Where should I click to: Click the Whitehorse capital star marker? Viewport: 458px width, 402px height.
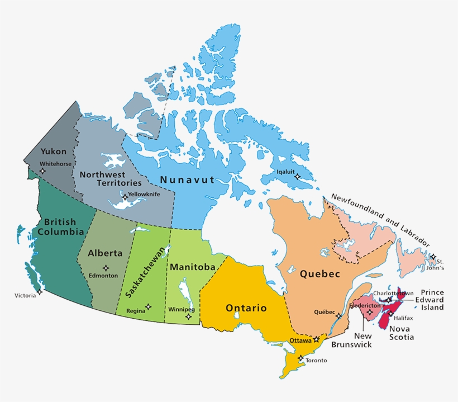[x=43, y=171]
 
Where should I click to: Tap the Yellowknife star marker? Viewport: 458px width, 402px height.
[x=125, y=197]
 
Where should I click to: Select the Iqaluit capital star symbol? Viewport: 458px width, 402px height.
[x=297, y=177]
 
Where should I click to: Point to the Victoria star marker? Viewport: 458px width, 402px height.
[x=40, y=292]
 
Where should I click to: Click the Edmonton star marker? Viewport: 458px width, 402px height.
[x=106, y=268]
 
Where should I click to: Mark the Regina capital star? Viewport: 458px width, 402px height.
[x=148, y=307]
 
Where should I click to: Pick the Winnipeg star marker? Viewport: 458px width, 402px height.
[x=188, y=316]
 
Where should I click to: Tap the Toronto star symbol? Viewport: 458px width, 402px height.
[x=301, y=358]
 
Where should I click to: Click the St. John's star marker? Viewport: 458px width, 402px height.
[x=433, y=257]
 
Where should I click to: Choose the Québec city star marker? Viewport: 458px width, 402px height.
[x=338, y=316]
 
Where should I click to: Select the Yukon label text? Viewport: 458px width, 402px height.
[x=53, y=152]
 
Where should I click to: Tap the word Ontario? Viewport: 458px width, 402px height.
[x=246, y=308]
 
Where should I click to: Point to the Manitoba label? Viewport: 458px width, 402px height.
[x=193, y=267]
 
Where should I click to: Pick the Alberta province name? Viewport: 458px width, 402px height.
[x=104, y=253]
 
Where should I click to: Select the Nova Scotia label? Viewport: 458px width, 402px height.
[x=402, y=333]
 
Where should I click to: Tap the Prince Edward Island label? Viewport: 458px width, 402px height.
[x=431, y=300]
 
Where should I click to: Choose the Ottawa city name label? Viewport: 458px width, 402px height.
[x=300, y=340]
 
